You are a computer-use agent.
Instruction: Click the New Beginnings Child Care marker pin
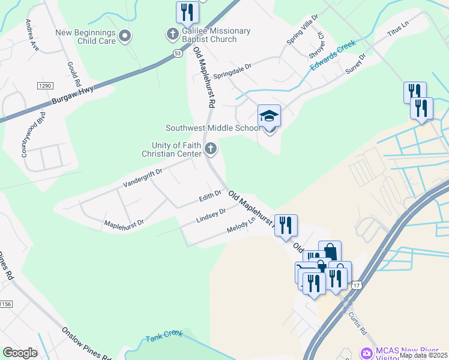click(125, 36)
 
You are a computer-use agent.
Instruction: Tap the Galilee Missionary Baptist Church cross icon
click(172, 33)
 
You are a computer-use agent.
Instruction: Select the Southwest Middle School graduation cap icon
click(270, 115)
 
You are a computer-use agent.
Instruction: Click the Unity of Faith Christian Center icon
click(210, 148)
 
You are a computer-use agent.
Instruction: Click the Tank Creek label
click(163, 337)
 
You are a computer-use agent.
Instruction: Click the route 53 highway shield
click(177, 53)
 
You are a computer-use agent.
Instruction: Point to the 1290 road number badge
click(45, 86)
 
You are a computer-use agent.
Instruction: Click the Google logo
click(20, 352)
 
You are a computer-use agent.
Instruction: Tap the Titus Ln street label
click(397, 29)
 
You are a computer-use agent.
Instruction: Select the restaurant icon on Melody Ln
click(286, 225)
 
